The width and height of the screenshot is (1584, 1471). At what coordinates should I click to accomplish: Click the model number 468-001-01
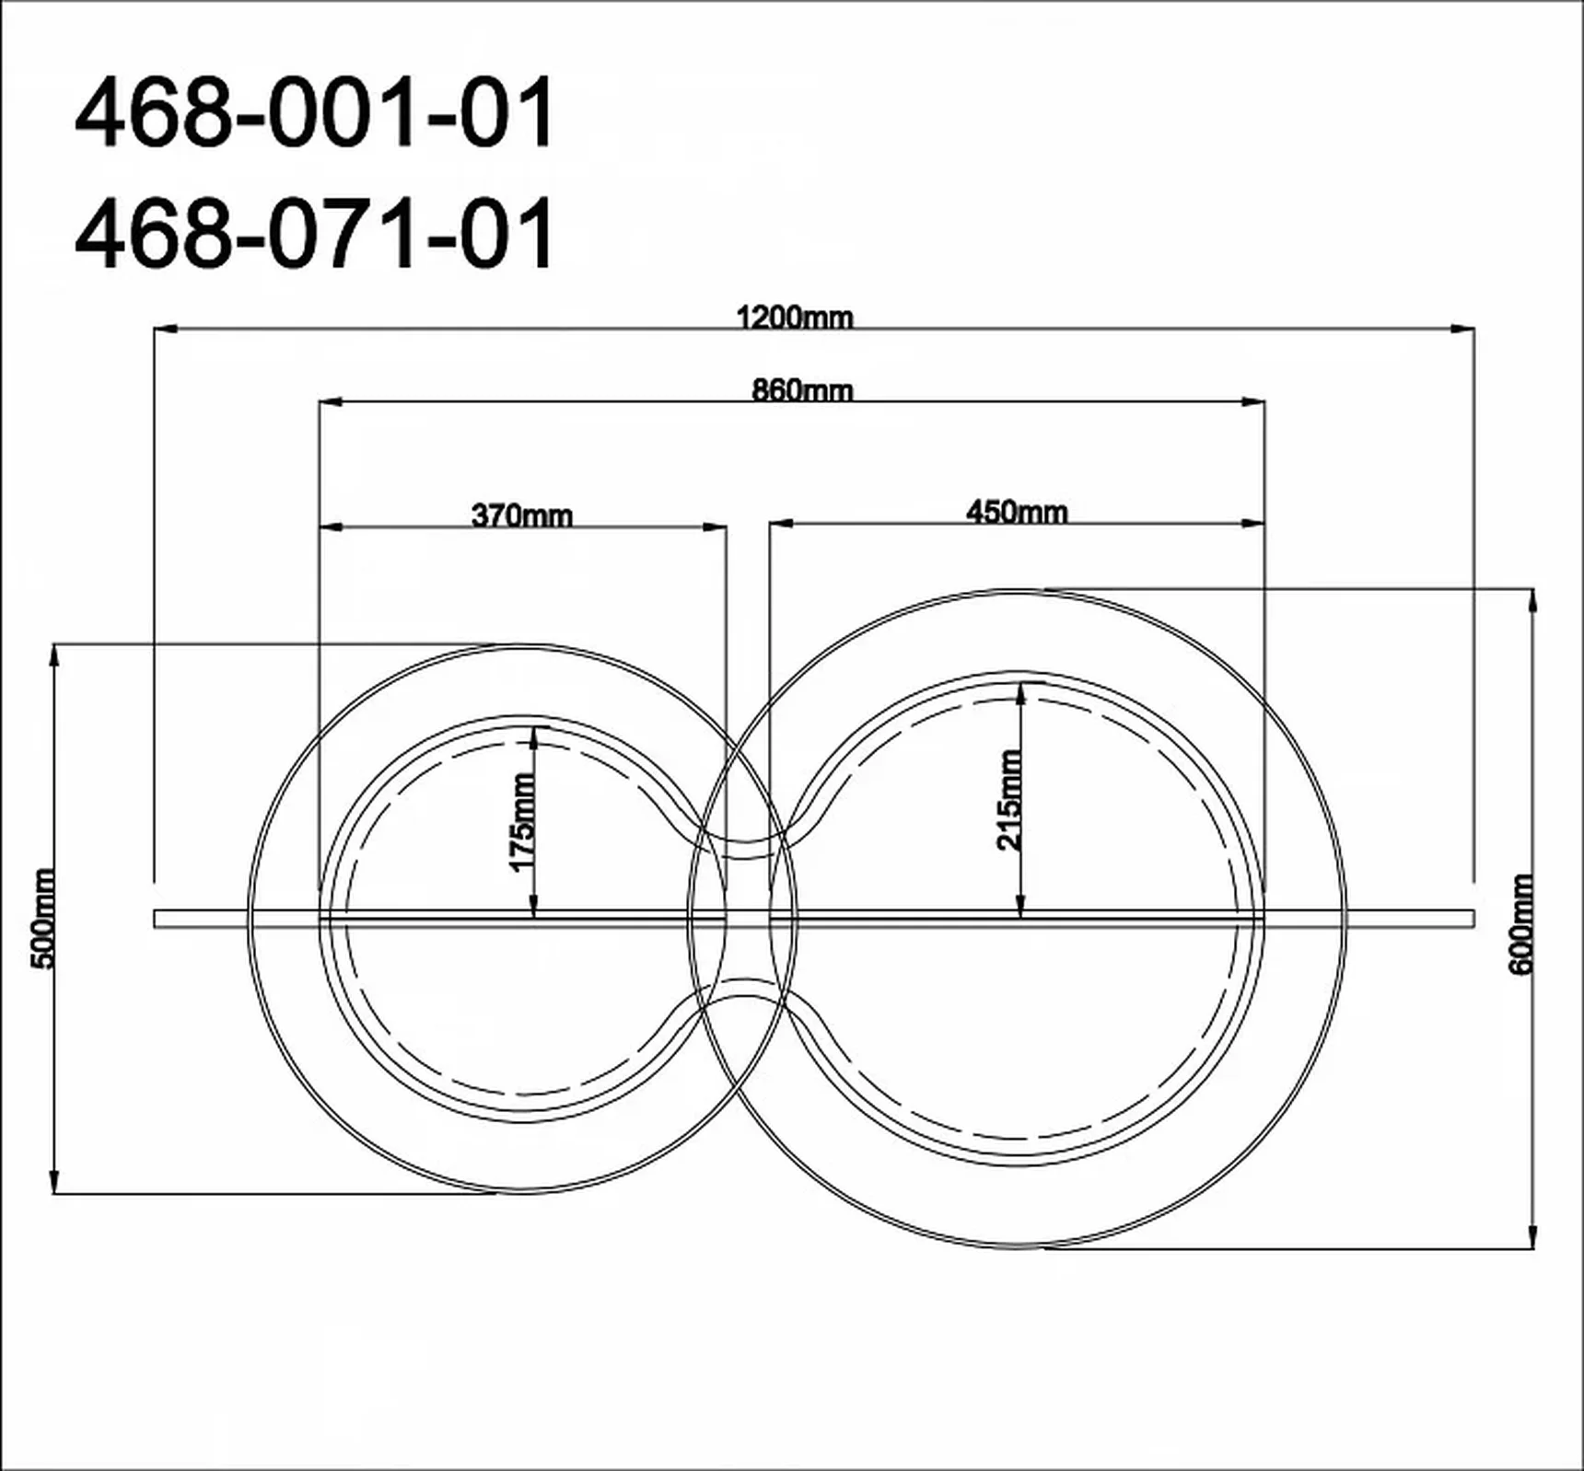pos(315,113)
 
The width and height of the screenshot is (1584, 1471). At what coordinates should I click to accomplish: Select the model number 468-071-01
pos(315,233)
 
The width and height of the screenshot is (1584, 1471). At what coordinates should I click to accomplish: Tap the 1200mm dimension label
pos(795,318)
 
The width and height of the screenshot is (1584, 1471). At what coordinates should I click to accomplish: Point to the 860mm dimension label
pos(802,390)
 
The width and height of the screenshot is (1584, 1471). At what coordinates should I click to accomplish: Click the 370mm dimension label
pos(522,515)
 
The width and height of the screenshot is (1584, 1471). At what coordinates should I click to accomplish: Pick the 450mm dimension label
pos(1017,512)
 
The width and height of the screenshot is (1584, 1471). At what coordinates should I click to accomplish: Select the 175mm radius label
pos(522,822)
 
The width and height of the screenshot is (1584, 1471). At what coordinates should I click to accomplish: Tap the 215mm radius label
pos(1009,799)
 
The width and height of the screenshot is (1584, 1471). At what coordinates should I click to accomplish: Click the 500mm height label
pos(43,918)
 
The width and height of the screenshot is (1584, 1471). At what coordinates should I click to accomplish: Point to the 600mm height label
pos(1520,923)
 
